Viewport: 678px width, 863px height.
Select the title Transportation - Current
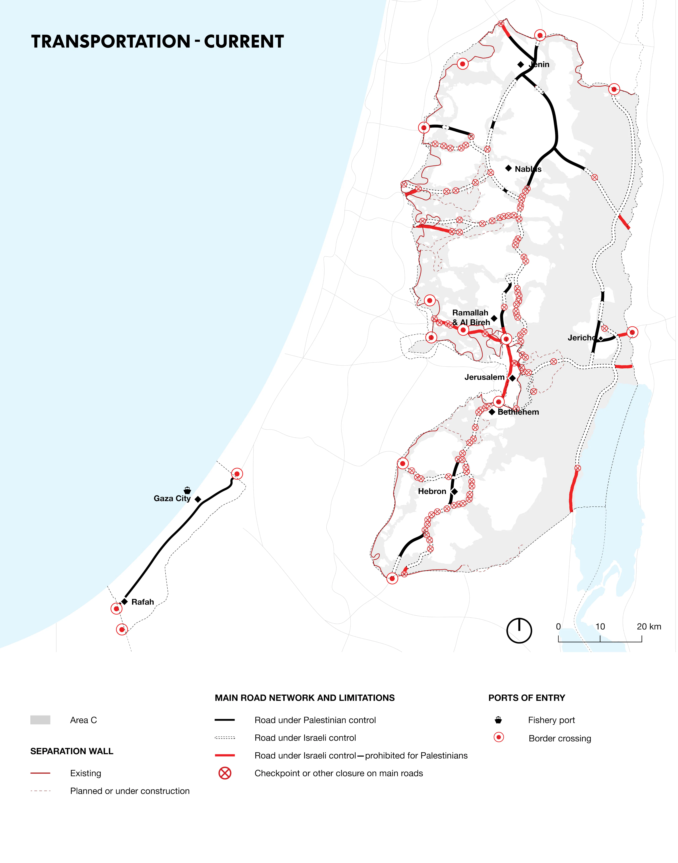(158, 42)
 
